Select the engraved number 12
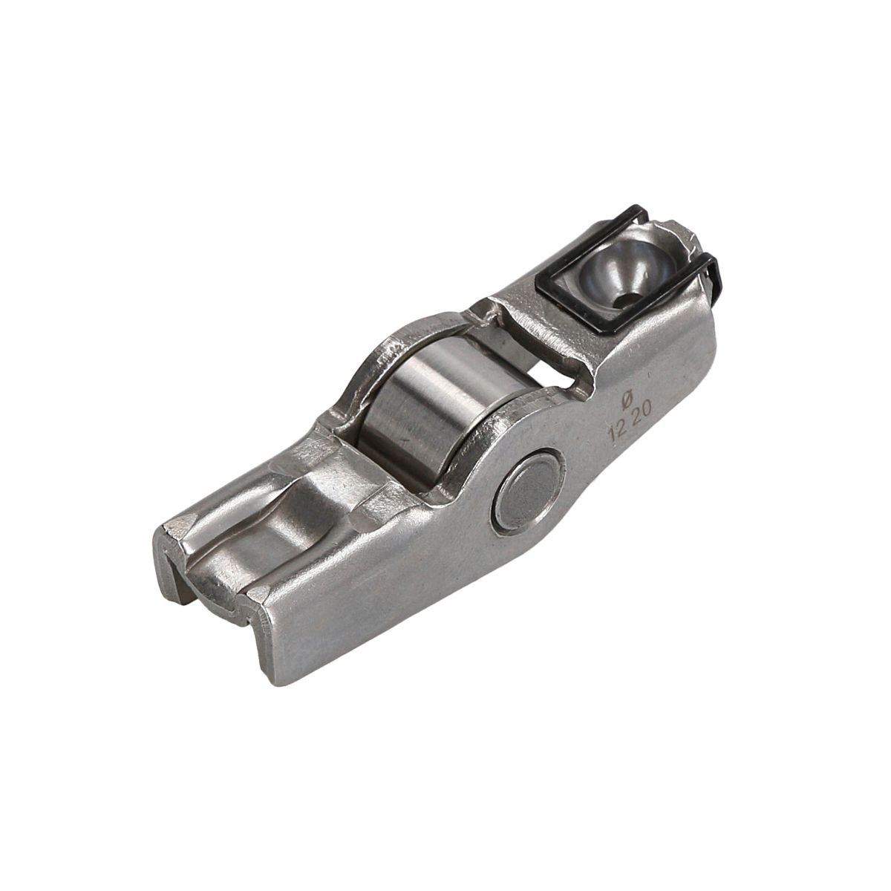[619, 433]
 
